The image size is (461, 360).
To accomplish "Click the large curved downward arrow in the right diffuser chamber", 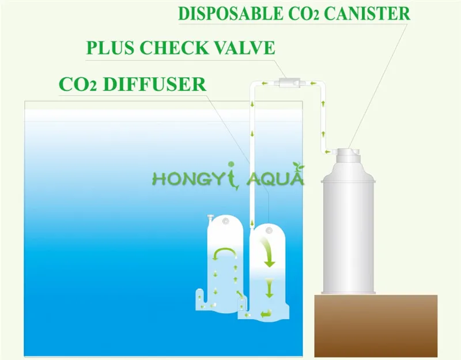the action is click(x=268, y=251).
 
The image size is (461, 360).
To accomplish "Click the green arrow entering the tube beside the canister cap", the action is click(x=330, y=152).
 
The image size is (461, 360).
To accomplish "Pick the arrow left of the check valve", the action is click(x=264, y=84).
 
